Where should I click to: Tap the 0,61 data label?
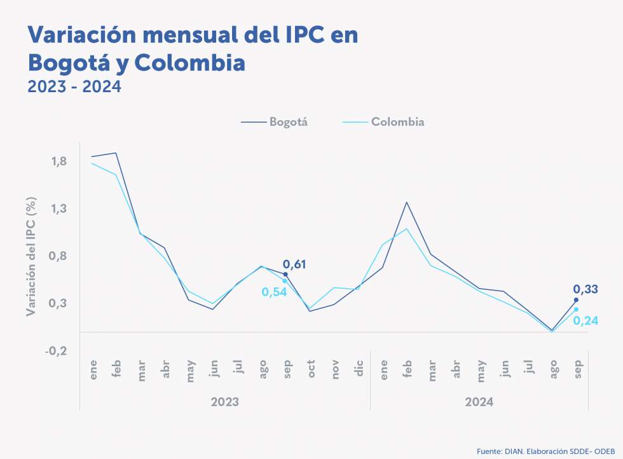pyautogui.click(x=294, y=264)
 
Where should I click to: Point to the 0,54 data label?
pyautogui.click(x=275, y=292)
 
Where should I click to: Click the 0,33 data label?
pyautogui.click(x=585, y=289)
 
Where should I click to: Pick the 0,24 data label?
pyautogui.click(x=585, y=320)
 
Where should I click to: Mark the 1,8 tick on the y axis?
pyautogui.click(x=60, y=161)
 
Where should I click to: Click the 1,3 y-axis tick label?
pyautogui.click(x=60, y=209)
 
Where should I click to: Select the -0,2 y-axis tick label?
pyautogui.click(x=58, y=350)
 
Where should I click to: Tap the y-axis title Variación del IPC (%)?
pyautogui.click(x=31, y=256)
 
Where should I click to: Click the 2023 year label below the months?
pyautogui.click(x=225, y=402)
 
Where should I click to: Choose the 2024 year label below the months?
pyautogui.click(x=479, y=402)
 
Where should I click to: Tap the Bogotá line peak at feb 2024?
pyautogui.click(x=407, y=202)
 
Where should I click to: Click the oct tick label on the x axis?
pyautogui.click(x=311, y=371)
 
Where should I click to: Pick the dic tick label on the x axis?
pyautogui.click(x=360, y=371)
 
